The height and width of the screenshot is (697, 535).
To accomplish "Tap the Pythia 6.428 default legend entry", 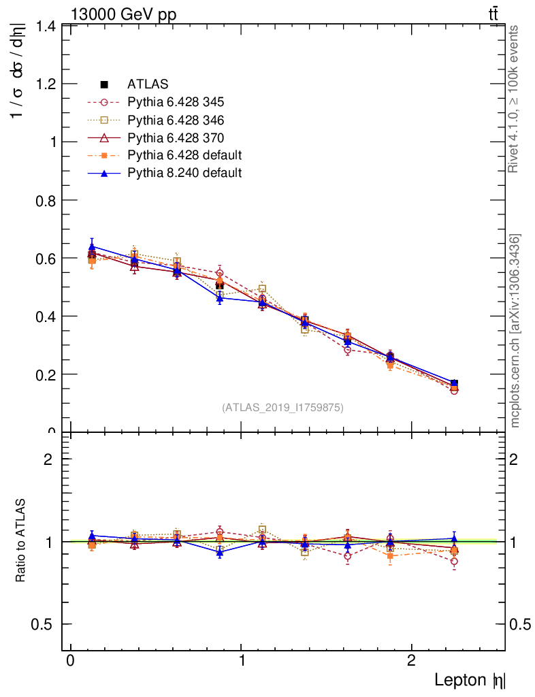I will pos(184,155).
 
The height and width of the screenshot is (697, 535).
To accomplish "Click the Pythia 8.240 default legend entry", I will pos(184,173).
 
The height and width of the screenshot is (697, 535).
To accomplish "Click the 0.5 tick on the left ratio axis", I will pos(46,624).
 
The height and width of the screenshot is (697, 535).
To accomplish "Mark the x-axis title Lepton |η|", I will pos(470,680).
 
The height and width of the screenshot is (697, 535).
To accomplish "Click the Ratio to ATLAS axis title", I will pos(21,541).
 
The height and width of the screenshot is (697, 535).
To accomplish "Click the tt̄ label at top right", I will pos(493,14).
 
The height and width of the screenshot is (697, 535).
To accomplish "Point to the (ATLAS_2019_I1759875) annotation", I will pos(282,408).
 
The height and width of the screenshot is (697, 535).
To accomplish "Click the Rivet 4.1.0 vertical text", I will pos(515,99).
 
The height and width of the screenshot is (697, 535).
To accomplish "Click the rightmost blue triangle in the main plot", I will pos(454,383).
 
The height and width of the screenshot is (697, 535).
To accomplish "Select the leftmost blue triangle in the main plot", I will pos(92,247).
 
